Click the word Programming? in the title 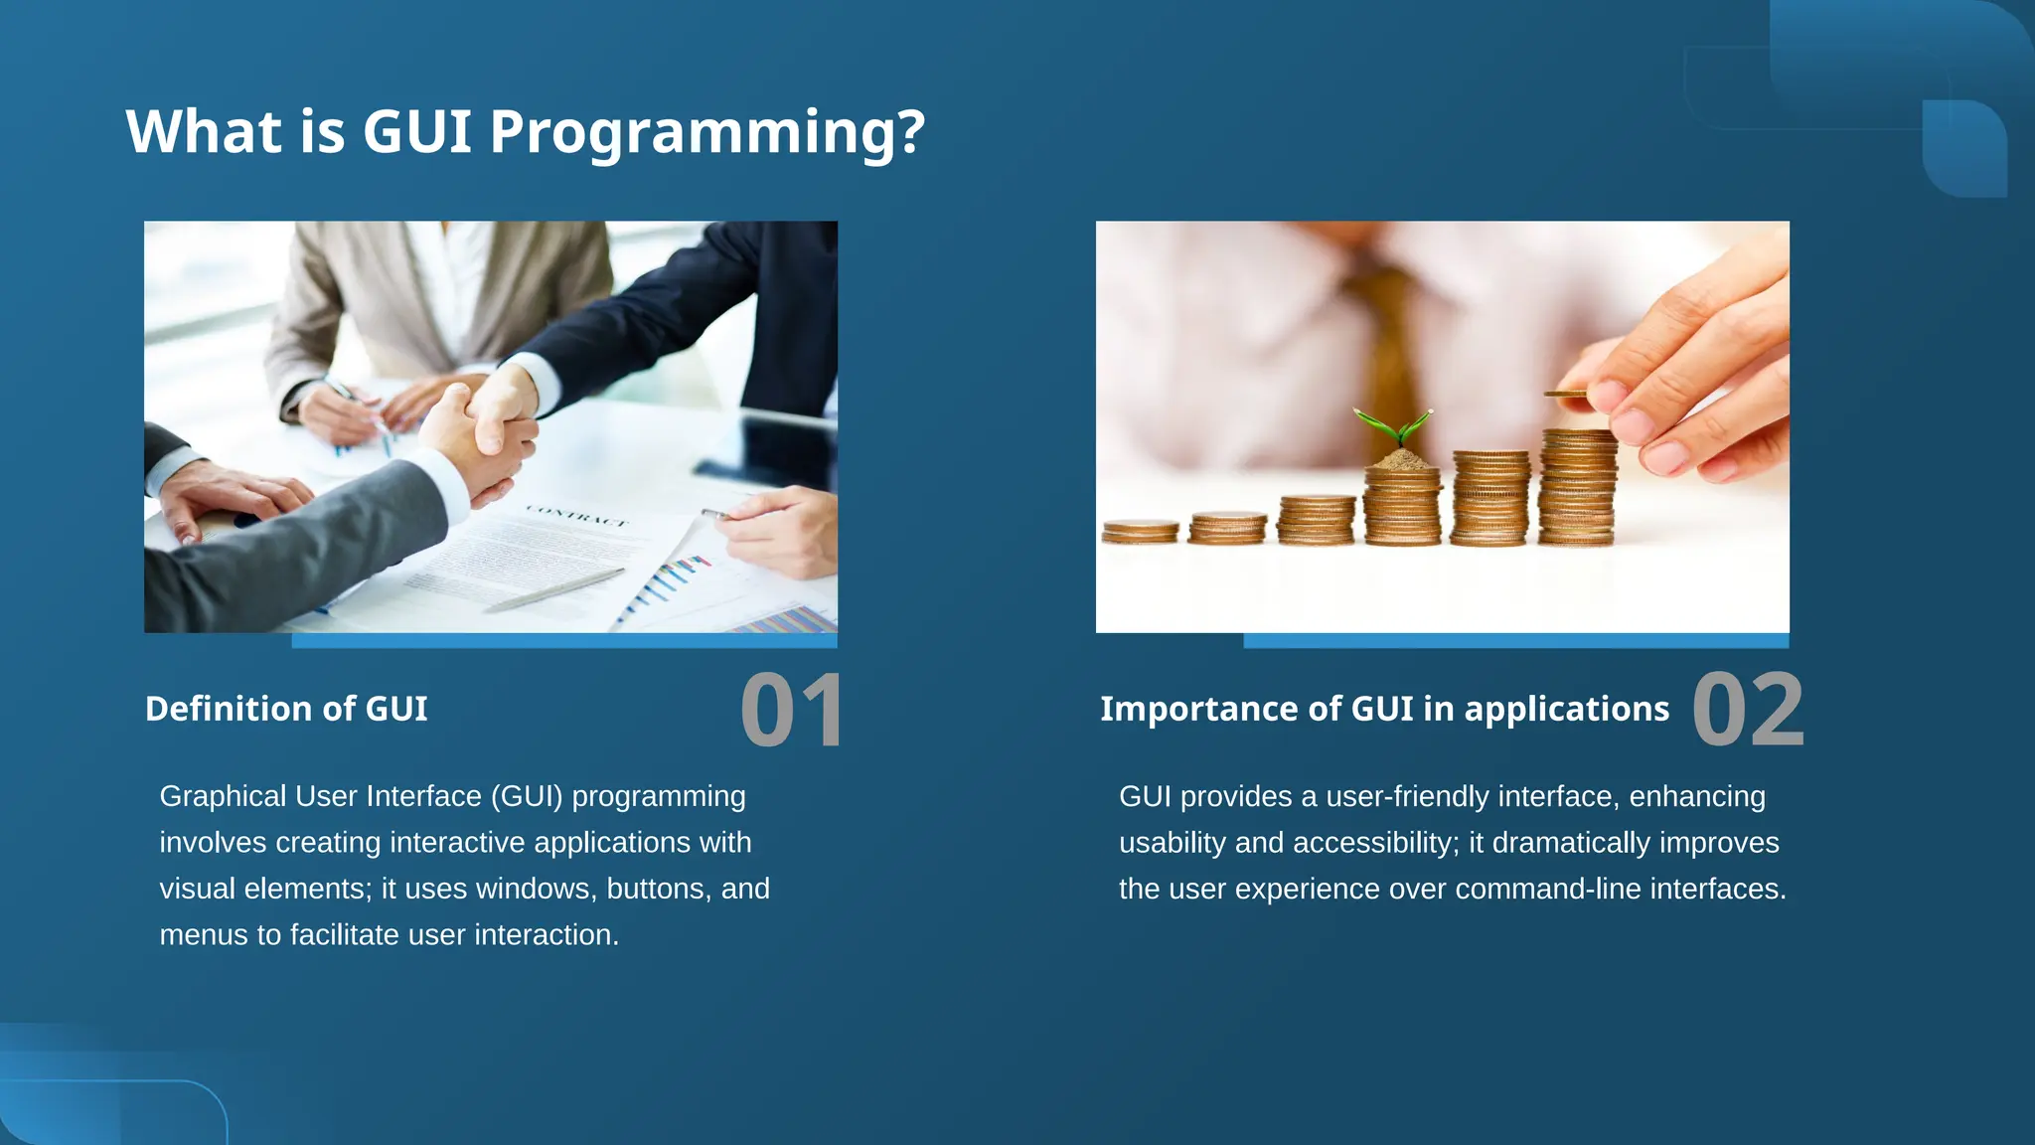[706, 132]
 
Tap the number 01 [791, 710]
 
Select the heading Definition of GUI [286, 709]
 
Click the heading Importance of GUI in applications [1384, 709]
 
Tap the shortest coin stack [1140, 531]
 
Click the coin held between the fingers [1566, 395]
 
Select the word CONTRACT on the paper [576, 515]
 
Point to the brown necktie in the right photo [1387, 338]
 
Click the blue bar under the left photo [563, 641]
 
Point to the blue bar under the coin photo [1515, 641]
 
